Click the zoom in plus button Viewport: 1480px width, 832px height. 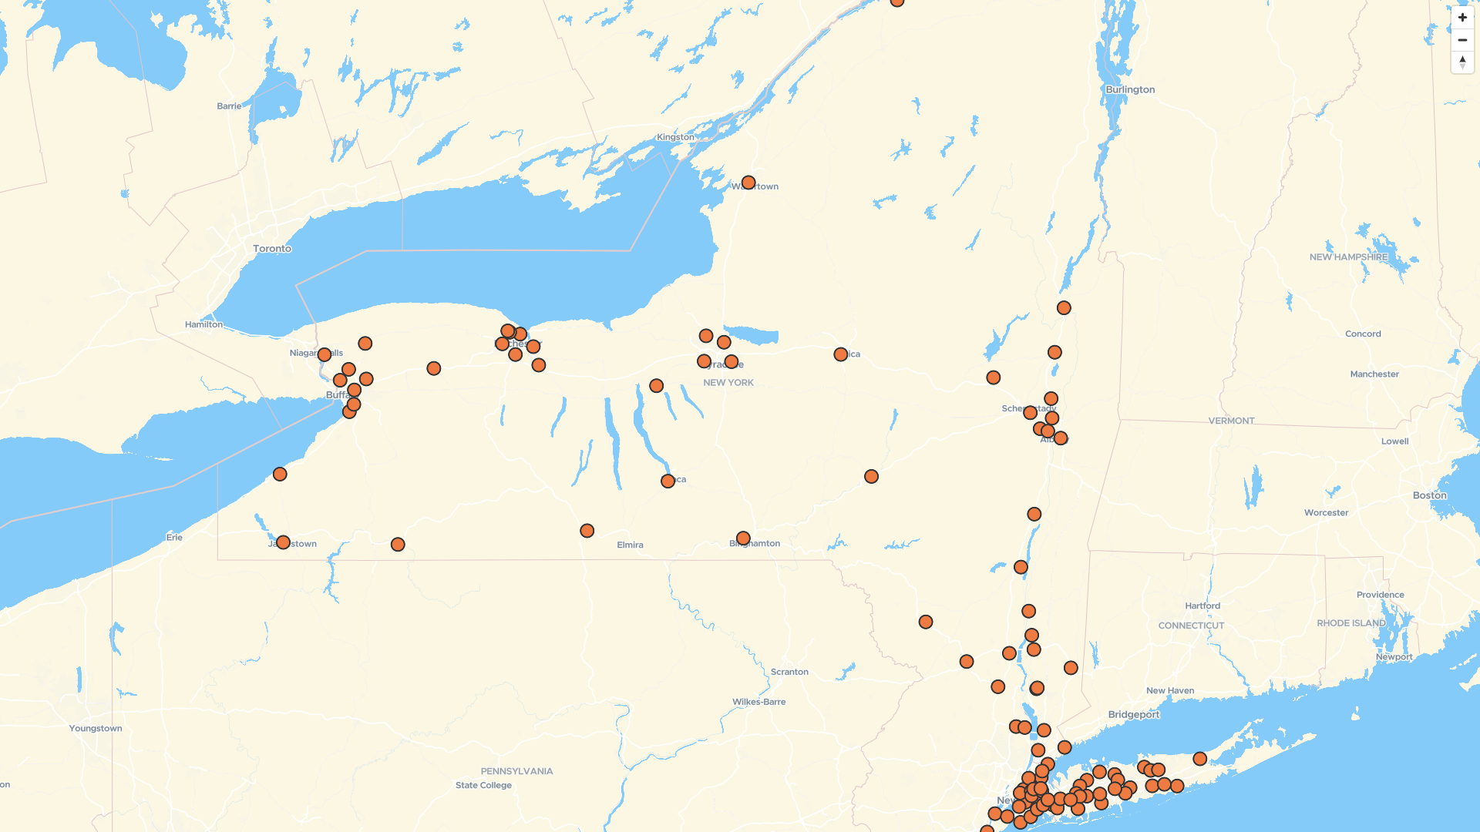pos(1462,18)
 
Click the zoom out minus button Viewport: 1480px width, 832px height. pos(1462,40)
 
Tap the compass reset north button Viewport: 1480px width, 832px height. pos(1462,62)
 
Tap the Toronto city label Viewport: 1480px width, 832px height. pos(272,249)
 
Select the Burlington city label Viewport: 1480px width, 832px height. pos(1130,89)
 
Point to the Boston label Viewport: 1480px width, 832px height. pos(1429,495)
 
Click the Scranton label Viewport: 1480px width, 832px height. pos(789,672)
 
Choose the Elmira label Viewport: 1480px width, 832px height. pos(630,545)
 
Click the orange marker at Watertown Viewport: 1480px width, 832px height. pos(748,183)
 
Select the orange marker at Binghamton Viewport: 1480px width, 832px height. pos(743,538)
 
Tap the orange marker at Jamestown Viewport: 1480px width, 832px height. pos(283,542)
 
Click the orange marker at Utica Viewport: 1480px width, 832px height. pos(841,354)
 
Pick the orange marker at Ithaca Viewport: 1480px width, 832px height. pos(668,481)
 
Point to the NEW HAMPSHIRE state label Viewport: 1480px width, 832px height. pos(1348,257)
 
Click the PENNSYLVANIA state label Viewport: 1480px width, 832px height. pos(516,771)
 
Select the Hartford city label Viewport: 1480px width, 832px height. pos(1202,606)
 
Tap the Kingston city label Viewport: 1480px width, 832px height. pos(675,137)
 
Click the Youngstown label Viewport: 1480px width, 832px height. pos(96,729)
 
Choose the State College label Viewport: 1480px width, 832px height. pos(483,786)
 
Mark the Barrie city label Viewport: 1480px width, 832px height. pos(229,106)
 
